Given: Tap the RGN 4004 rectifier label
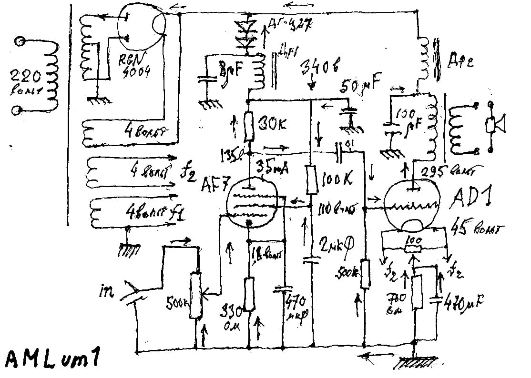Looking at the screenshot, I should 135,66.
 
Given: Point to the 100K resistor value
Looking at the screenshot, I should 336,179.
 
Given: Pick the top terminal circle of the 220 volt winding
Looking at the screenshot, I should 20,42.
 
